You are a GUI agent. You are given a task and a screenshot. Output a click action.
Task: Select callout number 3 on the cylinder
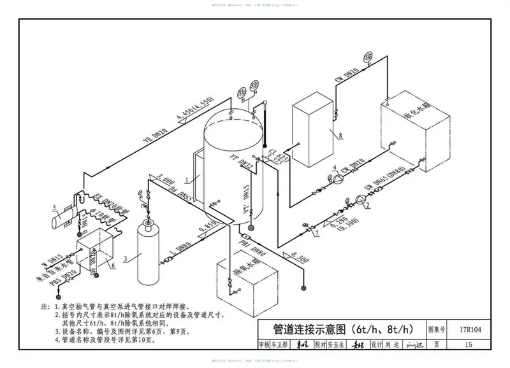click(x=126, y=258)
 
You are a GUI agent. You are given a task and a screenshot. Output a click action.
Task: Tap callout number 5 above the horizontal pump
click(x=55, y=206)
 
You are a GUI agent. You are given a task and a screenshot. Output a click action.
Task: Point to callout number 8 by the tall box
click(x=340, y=135)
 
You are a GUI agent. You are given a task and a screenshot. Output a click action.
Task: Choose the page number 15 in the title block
click(x=469, y=345)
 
